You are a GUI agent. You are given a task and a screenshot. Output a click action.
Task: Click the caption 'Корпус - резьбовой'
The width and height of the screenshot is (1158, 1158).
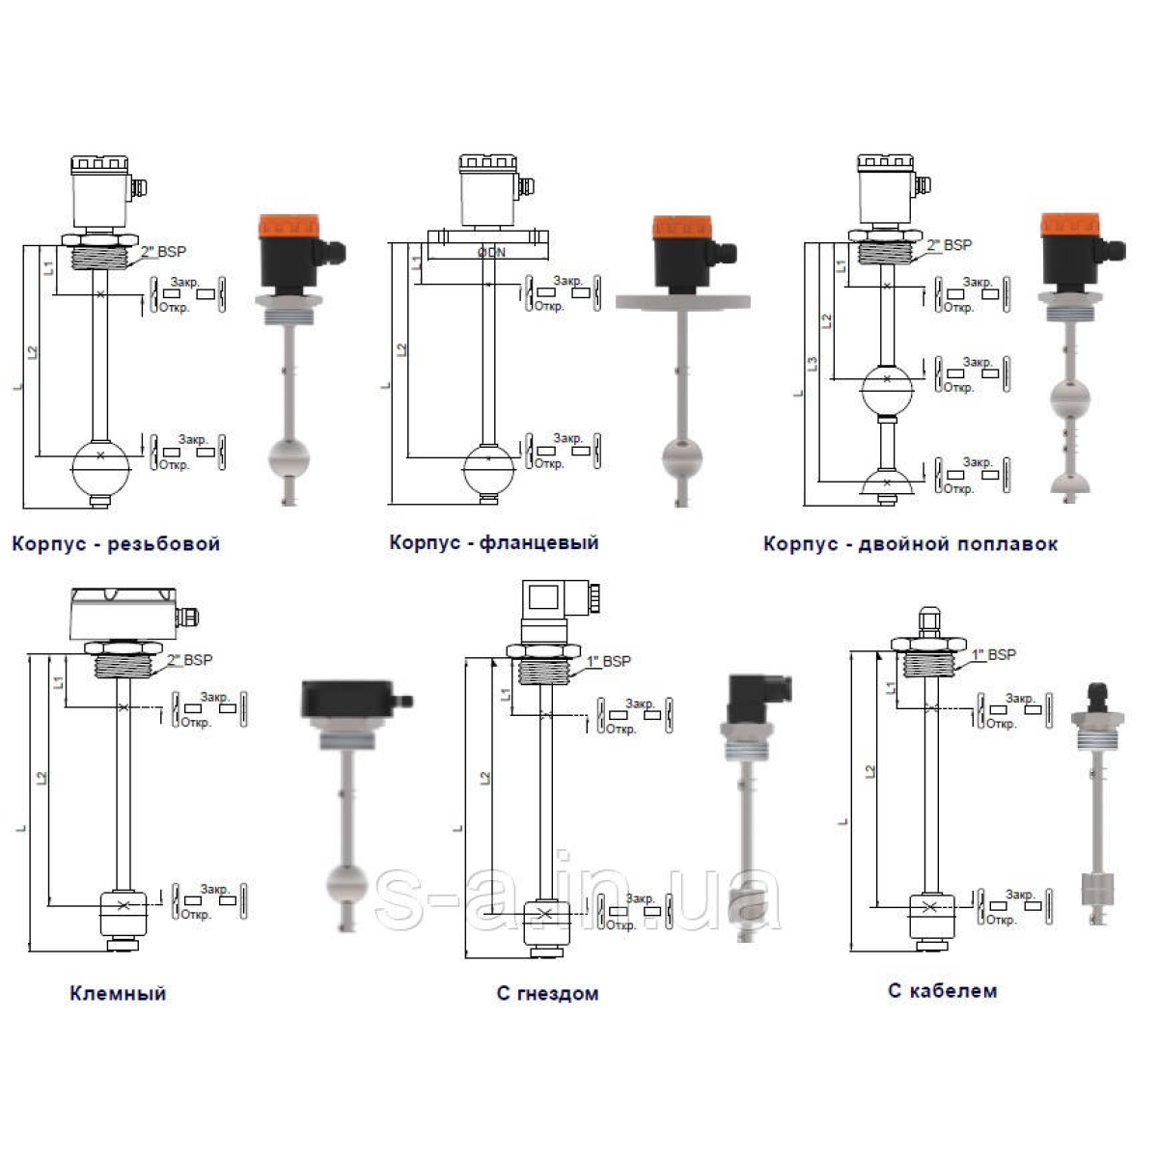[x=116, y=544]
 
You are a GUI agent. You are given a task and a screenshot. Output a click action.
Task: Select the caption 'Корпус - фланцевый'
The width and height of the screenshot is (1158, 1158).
[x=493, y=542]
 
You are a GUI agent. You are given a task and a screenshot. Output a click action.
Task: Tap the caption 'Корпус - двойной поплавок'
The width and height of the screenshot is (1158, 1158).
[x=910, y=544]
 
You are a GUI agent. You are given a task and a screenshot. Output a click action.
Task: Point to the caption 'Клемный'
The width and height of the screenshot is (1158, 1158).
[x=118, y=993]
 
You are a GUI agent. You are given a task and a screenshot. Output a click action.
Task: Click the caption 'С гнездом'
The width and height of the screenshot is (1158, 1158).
[x=547, y=993]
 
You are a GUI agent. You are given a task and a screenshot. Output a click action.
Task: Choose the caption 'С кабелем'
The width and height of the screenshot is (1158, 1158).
[x=942, y=990]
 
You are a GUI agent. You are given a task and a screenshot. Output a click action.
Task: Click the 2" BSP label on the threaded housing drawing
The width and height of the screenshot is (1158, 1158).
[x=164, y=252]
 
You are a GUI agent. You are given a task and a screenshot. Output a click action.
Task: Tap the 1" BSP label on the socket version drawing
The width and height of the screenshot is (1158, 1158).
[x=609, y=661]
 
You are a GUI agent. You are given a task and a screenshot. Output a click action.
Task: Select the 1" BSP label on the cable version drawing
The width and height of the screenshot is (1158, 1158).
[x=994, y=654]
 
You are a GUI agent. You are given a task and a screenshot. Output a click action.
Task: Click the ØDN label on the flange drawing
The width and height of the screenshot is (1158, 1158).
[x=491, y=253]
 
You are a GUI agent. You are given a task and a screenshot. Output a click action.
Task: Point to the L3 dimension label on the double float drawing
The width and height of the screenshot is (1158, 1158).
[x=813, y=364]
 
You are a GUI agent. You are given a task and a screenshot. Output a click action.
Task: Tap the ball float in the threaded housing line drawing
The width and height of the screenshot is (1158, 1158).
[x=100, y=468]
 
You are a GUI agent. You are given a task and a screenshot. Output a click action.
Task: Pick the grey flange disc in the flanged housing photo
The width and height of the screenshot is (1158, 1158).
[x=683, y=302]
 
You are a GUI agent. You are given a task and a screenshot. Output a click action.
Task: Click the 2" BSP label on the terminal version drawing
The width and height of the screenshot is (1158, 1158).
[x=189, y=660]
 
